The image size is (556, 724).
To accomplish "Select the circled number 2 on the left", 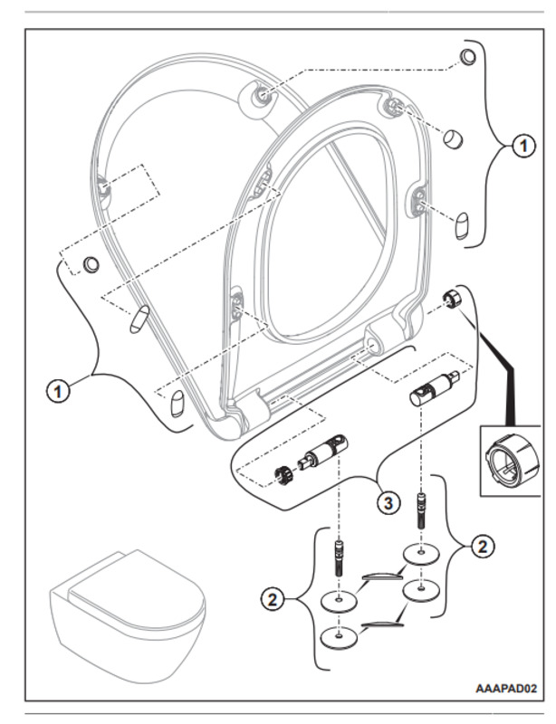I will pyautogui.click(x=270, y=598).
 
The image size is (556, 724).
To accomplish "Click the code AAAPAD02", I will pyautogui.click(x=507, y=689).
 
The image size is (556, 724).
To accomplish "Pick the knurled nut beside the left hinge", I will pyautogui.click(x=279, y=472).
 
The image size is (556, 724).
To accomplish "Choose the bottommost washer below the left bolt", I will pyautogui.click(x=338, y=637).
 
